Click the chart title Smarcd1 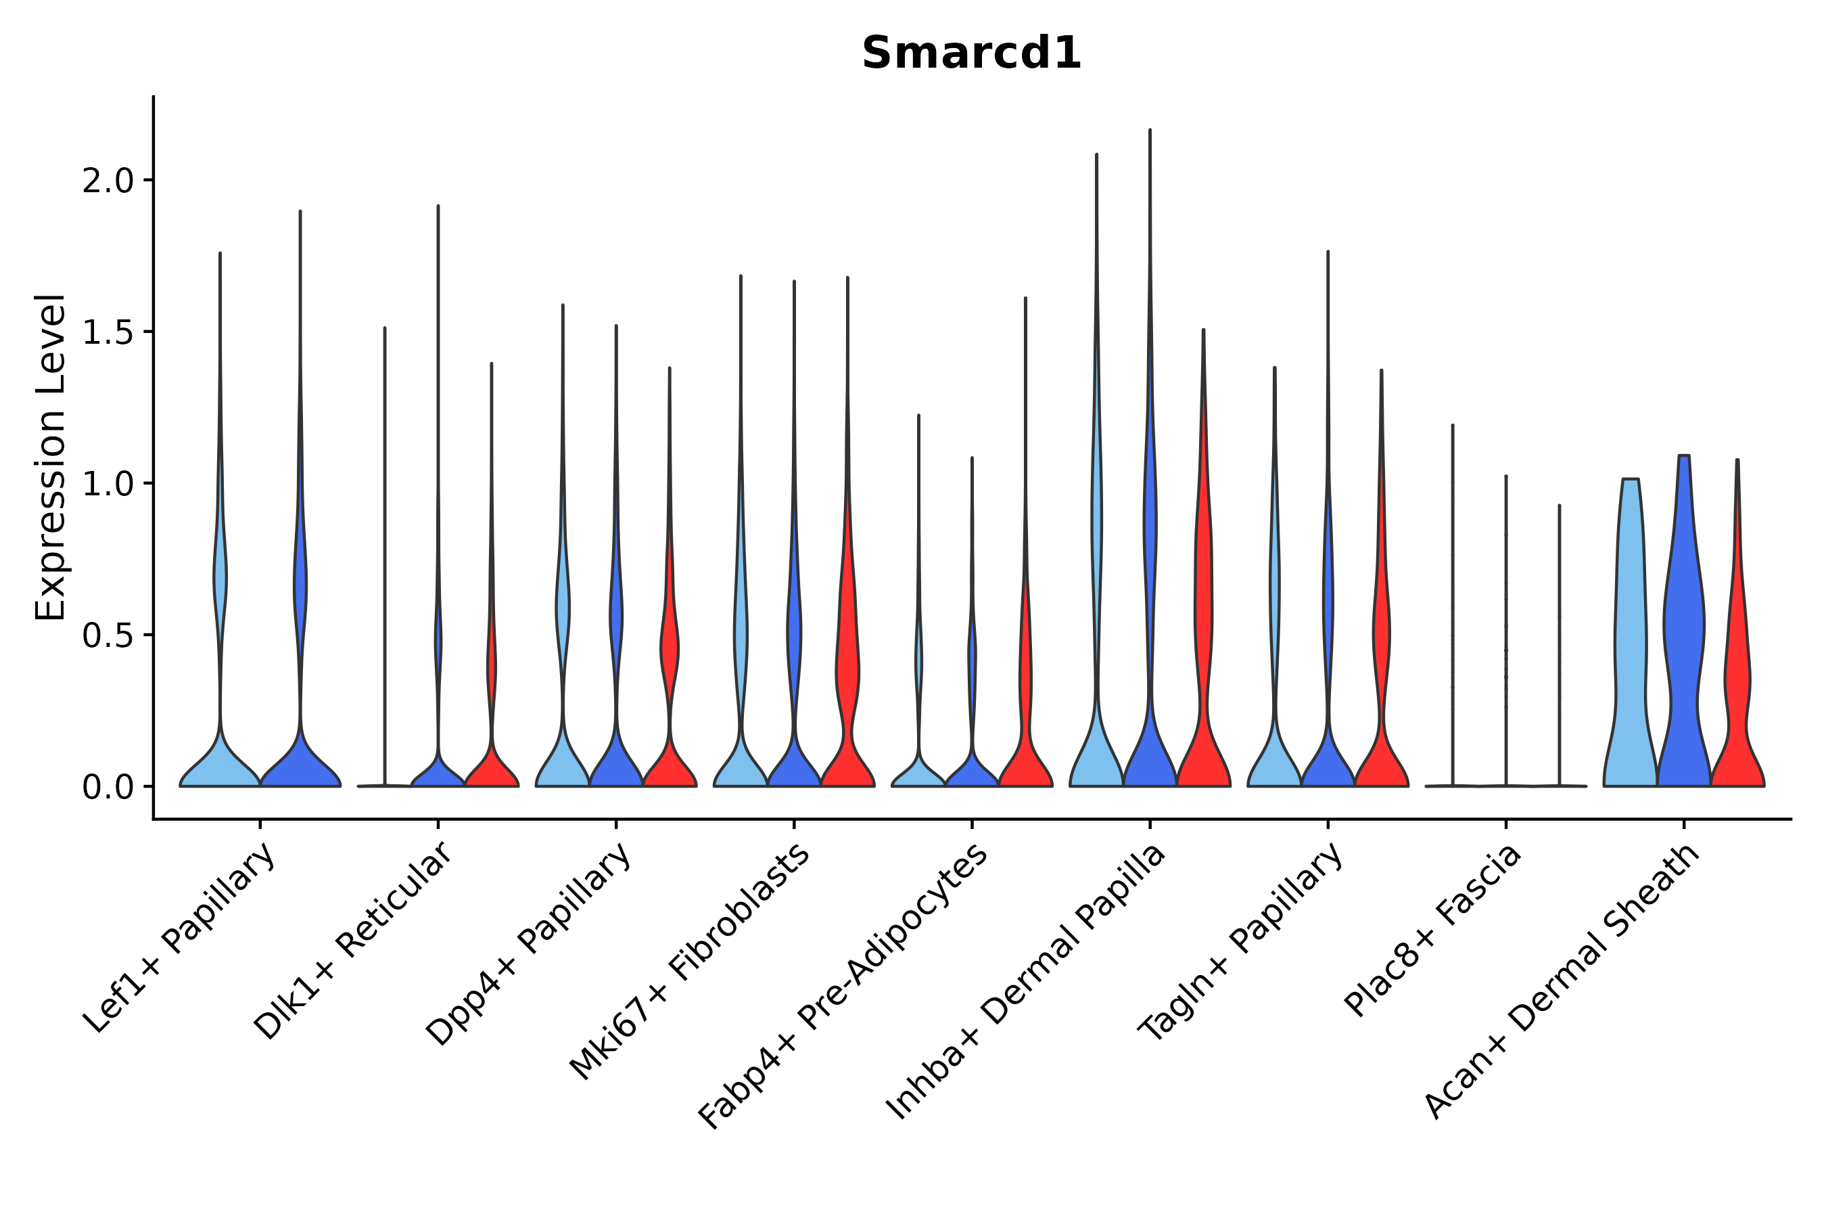pos(970,53)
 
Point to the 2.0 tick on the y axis pos(108,181)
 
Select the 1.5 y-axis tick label pos(108,332)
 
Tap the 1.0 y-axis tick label pos(108,484)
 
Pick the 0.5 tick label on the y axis pos(108,635)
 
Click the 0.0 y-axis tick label pos(108,787)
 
